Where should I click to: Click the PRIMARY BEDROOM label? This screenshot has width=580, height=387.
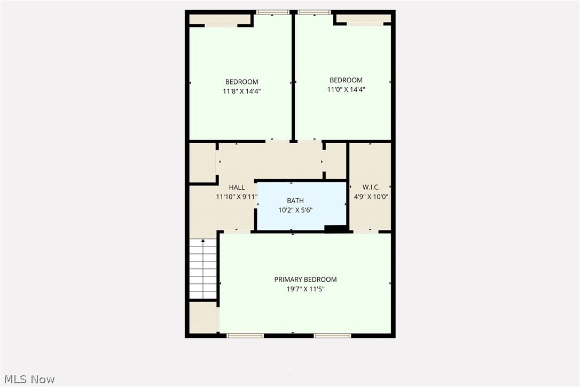tap(305, 280)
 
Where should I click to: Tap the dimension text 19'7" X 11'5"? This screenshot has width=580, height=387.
tap(305, 289)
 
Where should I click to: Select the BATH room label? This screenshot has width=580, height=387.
tap(291, 201)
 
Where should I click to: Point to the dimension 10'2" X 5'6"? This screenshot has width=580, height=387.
tap(291, 210)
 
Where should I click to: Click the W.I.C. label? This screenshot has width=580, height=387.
tap(371, 187)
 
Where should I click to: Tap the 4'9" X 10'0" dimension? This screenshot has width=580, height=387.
tap(371, 196)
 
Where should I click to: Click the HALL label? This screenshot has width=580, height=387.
tap(237, 188)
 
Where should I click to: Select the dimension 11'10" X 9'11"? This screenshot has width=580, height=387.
tap(237, 197)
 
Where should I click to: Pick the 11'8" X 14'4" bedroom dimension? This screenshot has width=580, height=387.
tap(241, 91)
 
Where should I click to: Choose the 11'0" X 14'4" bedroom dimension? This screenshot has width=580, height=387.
tap(346, 90)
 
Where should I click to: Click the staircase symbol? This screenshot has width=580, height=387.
tap(203, 268)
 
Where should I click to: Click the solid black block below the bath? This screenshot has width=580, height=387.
tap(335, 229)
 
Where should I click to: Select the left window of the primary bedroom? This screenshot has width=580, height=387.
tap(245, 336)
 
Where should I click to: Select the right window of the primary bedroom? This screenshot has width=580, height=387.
tap(332, 336)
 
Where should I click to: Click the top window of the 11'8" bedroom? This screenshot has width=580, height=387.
tap(273, 12)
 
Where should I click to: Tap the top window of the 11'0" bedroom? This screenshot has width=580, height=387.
tap(314, 12)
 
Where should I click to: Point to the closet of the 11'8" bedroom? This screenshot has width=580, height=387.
tap(220, 19)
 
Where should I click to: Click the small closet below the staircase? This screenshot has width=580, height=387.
tap(203, 318)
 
